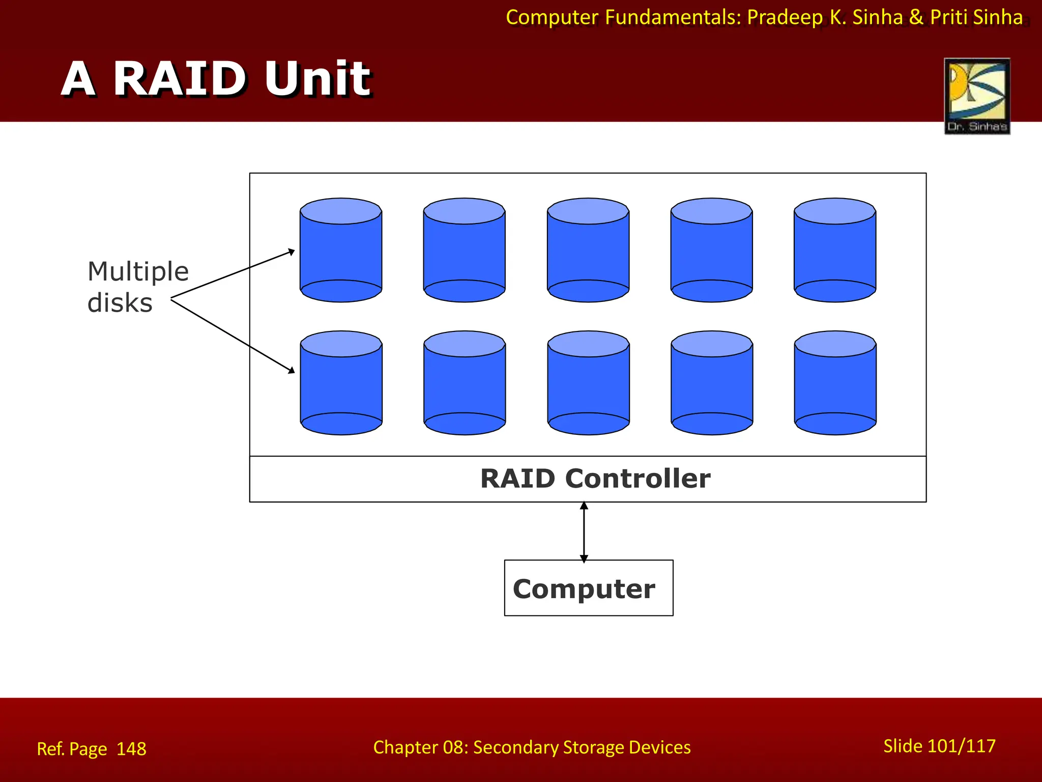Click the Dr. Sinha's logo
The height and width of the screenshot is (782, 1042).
click(x=977, y=96)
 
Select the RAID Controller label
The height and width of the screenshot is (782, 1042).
click(x=595, y=479)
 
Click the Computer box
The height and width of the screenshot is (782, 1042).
click(x=588, y=588)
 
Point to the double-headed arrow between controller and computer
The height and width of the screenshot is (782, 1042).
click(x=584, y=532)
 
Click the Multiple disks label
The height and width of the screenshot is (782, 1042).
click(x=137, y=287)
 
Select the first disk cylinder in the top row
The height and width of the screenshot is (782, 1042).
click(x=341, y=250)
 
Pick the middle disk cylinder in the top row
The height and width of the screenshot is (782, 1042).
click(x=588, y=250)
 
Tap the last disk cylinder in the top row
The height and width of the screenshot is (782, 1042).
click(x=835, y=250)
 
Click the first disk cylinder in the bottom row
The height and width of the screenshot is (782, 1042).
click(x=341, y=383)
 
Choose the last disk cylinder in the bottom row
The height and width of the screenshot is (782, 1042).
click(x=835, y=383)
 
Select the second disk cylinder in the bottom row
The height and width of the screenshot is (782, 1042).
click(x=465, y=383)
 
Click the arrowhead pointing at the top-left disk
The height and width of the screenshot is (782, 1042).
click(x=292, y=252)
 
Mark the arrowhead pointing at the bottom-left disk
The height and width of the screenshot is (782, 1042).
click(x=292, y=370)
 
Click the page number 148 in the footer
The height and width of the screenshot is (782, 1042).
click(x=131, y=749)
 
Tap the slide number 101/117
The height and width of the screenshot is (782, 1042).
click(x=961, y=746)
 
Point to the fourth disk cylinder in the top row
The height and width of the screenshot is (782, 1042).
click(x=711, y=250)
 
